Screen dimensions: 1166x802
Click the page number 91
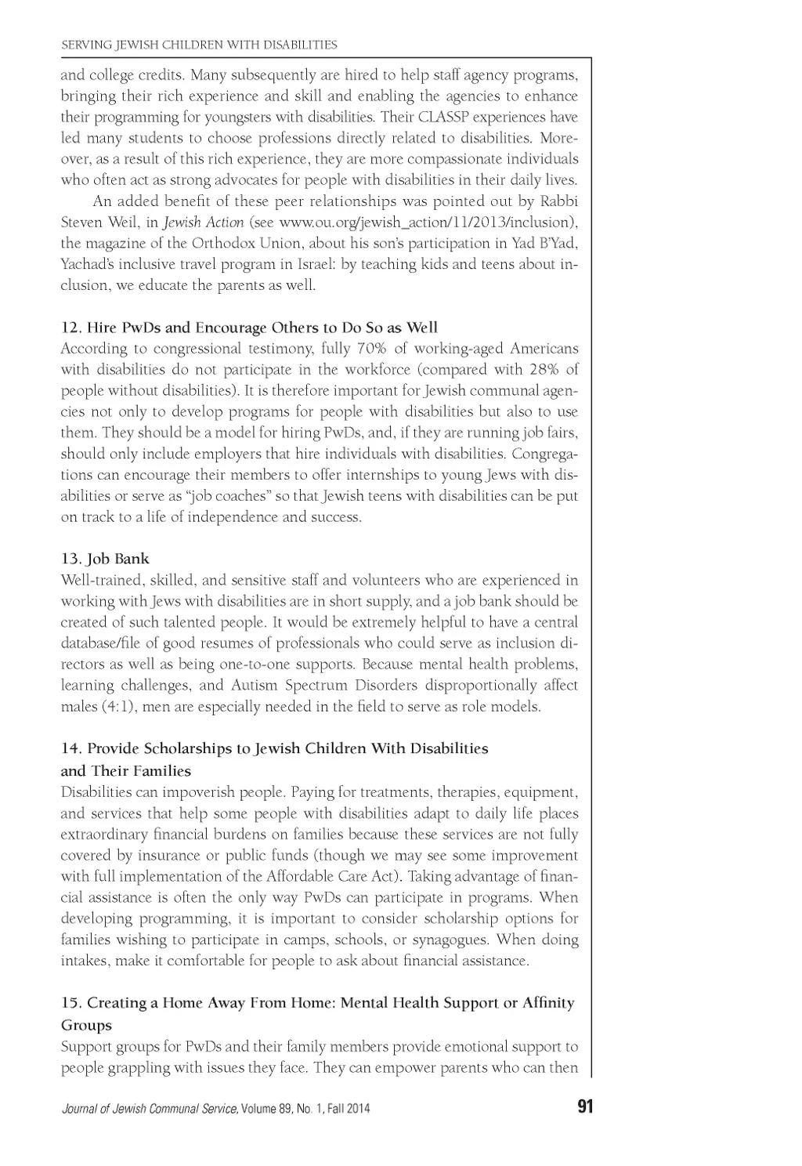[584, 1107]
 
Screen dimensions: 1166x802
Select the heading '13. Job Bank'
[105, 559]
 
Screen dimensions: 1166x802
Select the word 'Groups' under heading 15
[86, 1025]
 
